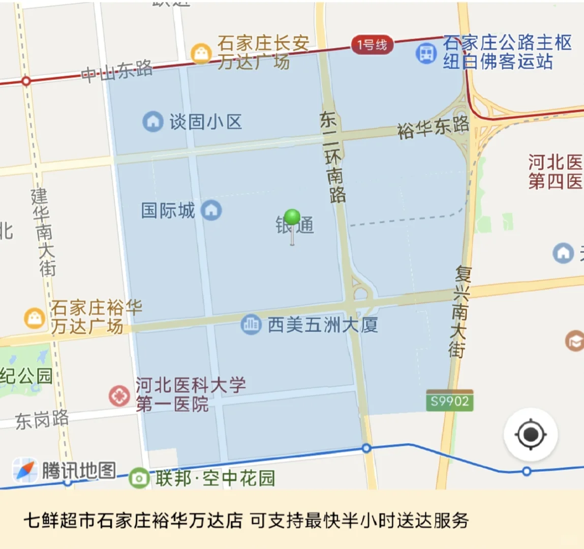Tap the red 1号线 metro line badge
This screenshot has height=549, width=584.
[x=372, y=45]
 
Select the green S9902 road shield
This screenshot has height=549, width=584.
[x=449, y=401]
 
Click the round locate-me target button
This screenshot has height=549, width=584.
[x=530, y=435]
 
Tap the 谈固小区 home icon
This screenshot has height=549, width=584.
[x=152, y=121]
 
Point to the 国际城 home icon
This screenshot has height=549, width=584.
[x=211, y=210]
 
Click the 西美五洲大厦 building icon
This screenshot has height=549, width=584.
[x=251, y=324]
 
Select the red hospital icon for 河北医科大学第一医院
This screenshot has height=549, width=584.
[x=119, y=396]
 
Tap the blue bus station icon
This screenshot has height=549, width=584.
[x=426, y=53]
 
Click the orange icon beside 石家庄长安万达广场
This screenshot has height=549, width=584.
[x=201, y=53]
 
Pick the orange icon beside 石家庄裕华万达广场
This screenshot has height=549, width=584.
[x=34, y=318]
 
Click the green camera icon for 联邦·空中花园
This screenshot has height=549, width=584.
[x=139, y=478]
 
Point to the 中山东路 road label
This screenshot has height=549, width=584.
[x=117, y=71]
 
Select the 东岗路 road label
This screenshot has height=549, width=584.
[x=42, y=420]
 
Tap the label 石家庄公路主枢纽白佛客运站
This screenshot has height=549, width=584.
[x=507, y=52]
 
